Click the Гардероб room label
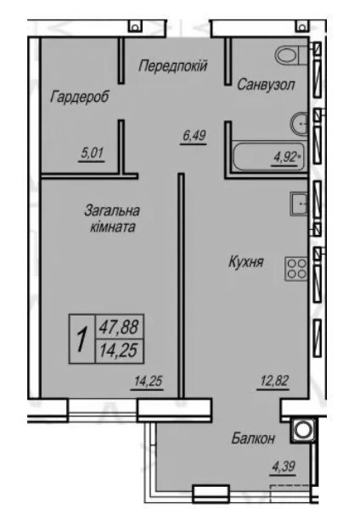click(x=80, y=98)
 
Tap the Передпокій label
click(x=173, y=65)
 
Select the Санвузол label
click(x=266, y=85)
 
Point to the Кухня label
click(x=246, y=262)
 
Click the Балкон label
click(x=253, y=439)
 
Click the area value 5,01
click(x=92, y=154)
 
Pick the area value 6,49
click(x=194, y=136)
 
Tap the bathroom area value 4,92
click(x=284, y=157)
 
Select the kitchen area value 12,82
click(x=273, y=381)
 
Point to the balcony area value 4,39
click(x=284, y=467)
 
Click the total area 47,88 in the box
click(x=119, y=327)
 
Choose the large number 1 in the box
click(x=82, y=339)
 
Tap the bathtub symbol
click(x=267, y=157)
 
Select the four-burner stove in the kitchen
click(x=296, y=269)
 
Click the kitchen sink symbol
click(x=299, y=204)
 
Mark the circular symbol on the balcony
click(x=302, y=430)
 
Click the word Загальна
click(x=112, y=210)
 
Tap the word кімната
click(x=113, y=227)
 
